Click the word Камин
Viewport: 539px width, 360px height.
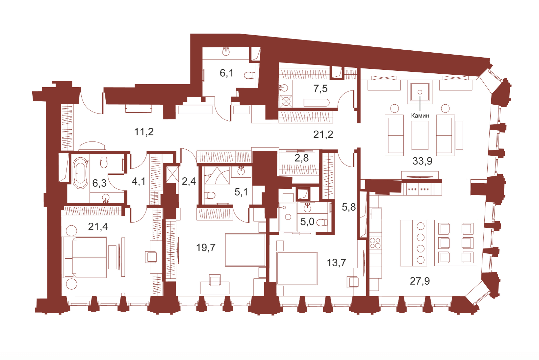(x=420, y=116)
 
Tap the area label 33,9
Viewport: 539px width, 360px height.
(x=422, y=161)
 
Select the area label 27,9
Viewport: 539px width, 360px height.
(x=420, y=281)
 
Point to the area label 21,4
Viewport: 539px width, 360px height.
(x=98, y=226)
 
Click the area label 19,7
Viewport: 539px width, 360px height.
(x=206, y=247)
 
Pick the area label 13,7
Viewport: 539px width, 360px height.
(x=336, y=263)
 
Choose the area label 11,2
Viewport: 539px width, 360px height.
(x=144, y=132)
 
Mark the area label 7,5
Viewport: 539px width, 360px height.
(x=320, y=89)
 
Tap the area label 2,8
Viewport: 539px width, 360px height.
(x=301, y=158)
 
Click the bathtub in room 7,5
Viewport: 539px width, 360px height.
(x=316, y=103)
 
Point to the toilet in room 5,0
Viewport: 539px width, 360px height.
(x=322, y=222)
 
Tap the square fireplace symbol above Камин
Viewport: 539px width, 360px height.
(x=420, y=92)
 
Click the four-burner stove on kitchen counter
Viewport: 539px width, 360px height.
(x=375, y=243)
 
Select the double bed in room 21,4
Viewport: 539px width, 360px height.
(x=86, y=257)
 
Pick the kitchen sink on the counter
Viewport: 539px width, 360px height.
(x=376, y=214)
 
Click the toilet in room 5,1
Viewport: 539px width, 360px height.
(x=210, y=195)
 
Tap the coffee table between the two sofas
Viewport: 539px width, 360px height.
(x=420, y=135)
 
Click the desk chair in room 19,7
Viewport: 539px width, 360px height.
(x=215, y=280)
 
